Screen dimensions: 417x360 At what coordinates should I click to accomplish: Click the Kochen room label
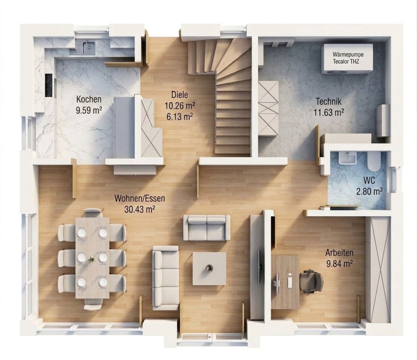89,99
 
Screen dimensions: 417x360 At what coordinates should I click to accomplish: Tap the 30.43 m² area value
140,209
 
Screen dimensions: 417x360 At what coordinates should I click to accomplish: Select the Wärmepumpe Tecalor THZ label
348,58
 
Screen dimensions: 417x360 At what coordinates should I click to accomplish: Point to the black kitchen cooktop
49,85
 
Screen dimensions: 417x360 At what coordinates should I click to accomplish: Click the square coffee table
209,269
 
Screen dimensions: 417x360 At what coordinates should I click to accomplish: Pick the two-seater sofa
207,227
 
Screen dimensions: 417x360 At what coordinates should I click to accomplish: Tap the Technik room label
329,102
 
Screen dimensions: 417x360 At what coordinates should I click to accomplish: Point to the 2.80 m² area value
369,191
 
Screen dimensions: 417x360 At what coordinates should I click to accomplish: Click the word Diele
180,95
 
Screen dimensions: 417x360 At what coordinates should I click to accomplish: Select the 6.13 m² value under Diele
180,117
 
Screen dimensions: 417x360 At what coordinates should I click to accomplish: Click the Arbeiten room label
339,253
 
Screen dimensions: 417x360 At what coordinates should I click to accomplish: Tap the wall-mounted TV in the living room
259,267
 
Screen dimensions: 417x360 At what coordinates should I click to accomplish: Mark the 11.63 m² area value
329,112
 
